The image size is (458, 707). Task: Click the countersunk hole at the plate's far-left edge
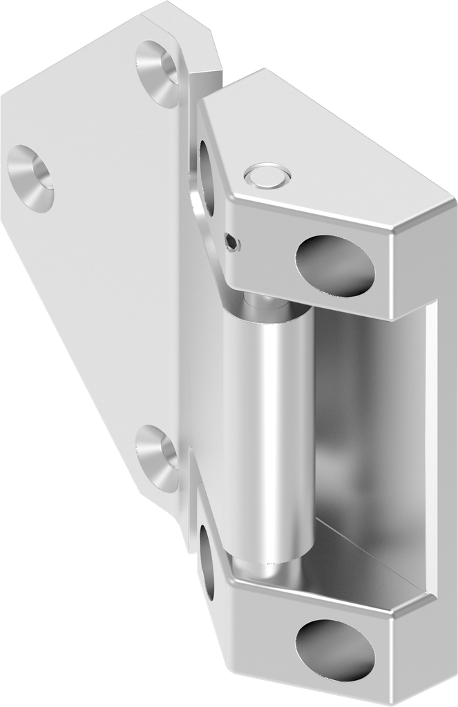(31, 177)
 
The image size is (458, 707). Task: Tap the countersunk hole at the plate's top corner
(158, 72)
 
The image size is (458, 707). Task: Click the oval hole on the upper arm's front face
(335, 266)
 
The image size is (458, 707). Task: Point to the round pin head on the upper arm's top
(267, 176)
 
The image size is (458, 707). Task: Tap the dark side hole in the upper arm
(206, 176)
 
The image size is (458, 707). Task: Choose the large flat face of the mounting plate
(104, 276)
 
